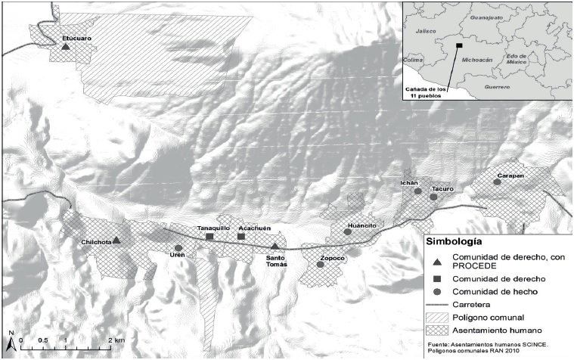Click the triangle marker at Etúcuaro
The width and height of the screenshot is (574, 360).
(x=66, y=47)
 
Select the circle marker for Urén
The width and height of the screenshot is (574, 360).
(x=178, y=248)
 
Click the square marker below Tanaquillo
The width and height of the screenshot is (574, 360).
(x=209, y=237)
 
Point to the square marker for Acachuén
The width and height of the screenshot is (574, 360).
(x=241, y=237)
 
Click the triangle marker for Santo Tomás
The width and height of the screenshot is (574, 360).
(x=275, y=246)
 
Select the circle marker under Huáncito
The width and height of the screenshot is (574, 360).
(x=347, y=232)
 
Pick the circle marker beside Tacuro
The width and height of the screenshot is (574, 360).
(x=433, y=197)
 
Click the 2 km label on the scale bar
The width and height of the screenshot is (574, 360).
(x=116, y=340)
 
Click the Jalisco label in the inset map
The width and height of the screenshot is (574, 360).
(x=427, y=31)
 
